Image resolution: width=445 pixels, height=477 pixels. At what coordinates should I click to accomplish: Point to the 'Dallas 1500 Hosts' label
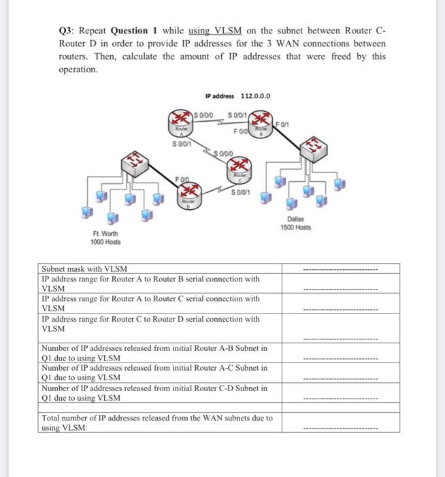point(295,223)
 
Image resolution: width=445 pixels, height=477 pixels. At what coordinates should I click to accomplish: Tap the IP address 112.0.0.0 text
point(238,95)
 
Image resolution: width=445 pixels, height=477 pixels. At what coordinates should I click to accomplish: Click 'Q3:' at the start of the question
point(67,31)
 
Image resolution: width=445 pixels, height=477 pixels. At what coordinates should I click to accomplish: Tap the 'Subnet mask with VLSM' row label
point(84,269)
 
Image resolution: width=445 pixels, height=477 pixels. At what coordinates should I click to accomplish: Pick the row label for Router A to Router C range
point(150,303)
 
